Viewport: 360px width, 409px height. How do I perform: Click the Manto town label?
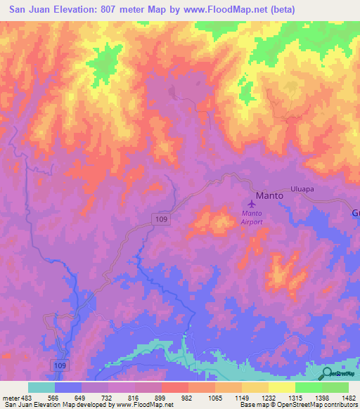tap(269, 195)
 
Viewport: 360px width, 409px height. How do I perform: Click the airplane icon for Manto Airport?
tap(251, 204)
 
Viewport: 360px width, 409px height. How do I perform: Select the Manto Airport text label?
tap(252, 217)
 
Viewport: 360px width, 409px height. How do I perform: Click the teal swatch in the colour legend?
tap(41, 387)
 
